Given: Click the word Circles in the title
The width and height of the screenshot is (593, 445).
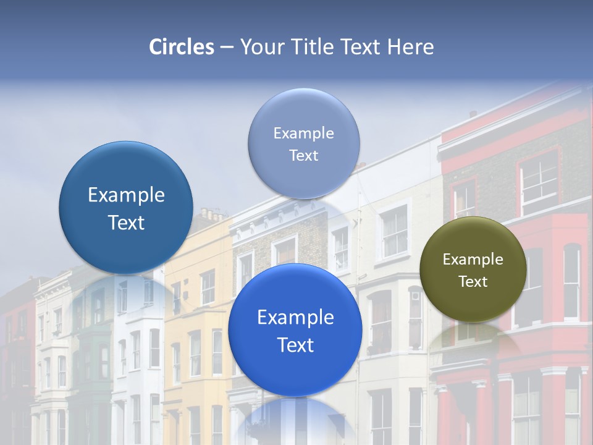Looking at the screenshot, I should [182, 47].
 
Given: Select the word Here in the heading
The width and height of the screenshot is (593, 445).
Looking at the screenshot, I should [410, 47].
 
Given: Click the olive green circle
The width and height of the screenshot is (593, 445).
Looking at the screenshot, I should [473, 269].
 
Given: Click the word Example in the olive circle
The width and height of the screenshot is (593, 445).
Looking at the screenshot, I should [473, 260].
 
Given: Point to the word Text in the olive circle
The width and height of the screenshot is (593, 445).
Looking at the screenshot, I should [473, 282].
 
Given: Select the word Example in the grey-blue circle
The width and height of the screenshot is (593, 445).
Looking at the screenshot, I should [303, 133].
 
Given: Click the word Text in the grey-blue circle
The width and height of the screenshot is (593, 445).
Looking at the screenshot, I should [303, 156].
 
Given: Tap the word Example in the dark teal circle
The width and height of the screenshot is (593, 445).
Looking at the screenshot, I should [126, 195].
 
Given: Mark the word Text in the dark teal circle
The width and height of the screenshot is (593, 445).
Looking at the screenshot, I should [126, 223].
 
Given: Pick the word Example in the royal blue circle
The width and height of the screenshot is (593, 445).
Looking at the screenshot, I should [295, 318].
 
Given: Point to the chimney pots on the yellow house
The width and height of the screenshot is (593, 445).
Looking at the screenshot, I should [212, 214].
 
